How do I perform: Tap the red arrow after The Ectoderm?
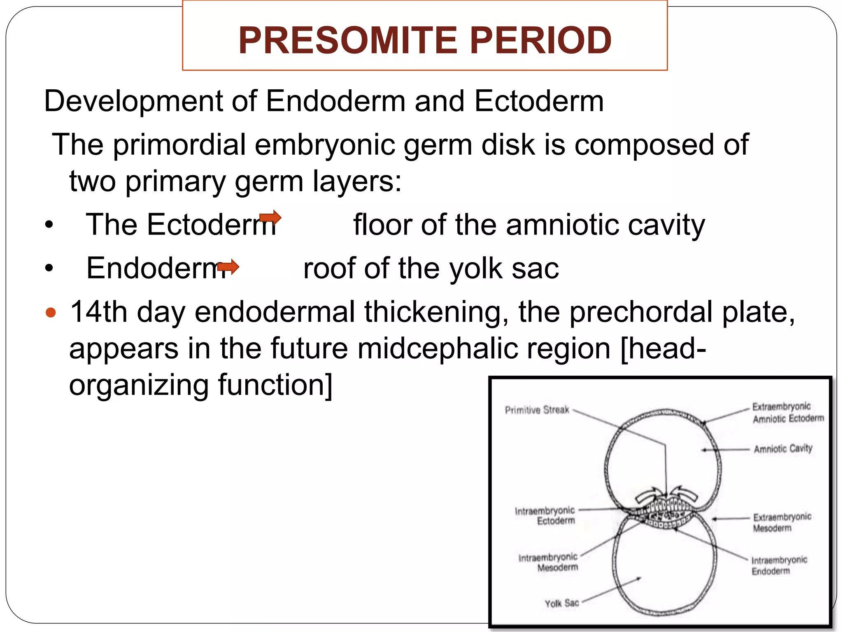click(x=270, y=217)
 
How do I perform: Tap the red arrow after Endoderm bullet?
click(x=228, y=267)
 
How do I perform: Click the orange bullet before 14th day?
click(x=51, y=313)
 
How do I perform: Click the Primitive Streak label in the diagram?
click(x=537, y=410)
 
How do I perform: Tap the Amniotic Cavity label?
click(x=783, y=448)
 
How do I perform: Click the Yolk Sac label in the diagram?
click(x=562, y=603)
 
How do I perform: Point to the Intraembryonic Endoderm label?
click(x=779, y=565)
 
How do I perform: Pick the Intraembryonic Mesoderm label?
click(x=549, y=562)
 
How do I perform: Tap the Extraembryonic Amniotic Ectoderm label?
click(x=787, y=412)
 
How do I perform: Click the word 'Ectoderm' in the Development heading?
click(x=539, y=101)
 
